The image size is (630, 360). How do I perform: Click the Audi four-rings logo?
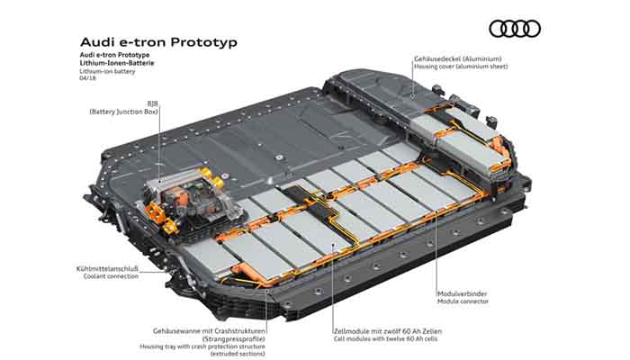[515, 29]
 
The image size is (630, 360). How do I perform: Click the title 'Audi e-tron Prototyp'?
[158, 42]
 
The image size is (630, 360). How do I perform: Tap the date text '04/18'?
[87, 78]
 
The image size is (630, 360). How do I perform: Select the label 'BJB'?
[153, 104]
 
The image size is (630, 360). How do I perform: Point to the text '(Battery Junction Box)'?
[124, 112]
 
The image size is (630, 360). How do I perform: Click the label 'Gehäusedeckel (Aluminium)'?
[458, 59]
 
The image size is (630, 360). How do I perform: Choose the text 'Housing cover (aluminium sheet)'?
[461, 67]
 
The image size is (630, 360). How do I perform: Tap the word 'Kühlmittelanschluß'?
[107, 269]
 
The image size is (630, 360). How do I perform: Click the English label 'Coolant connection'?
[111, 276]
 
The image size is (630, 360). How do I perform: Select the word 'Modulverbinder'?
[462, 293]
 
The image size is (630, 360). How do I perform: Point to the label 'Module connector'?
[463, 301]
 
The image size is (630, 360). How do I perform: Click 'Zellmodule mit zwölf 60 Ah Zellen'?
[388, 331]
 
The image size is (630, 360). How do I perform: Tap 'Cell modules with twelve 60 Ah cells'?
[386, 339]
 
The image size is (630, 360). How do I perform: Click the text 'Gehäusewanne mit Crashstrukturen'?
[209, 331]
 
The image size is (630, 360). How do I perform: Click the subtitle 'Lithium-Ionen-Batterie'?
[117, 63]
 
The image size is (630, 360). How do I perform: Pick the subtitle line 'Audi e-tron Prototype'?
[114, 55]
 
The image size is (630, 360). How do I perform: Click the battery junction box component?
[189, 200]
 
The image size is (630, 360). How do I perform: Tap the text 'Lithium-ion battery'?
[107, 71]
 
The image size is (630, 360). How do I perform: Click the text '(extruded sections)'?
[238, 354]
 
